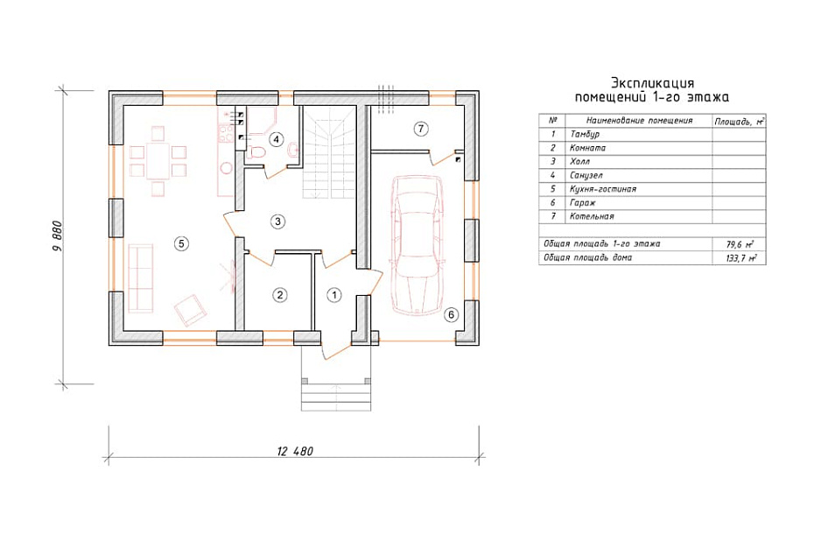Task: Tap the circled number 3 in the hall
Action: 277,221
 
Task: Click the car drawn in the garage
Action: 418,245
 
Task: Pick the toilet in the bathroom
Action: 256,151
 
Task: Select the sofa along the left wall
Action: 140,278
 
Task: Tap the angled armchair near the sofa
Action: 191,310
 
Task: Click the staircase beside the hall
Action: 329,151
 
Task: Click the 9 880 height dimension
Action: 58,236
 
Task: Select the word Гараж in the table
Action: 582,202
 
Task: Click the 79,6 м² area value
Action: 740,244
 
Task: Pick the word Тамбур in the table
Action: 585,135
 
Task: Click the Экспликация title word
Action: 652,83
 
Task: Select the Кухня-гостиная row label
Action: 603,189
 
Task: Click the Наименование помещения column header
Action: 639,121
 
